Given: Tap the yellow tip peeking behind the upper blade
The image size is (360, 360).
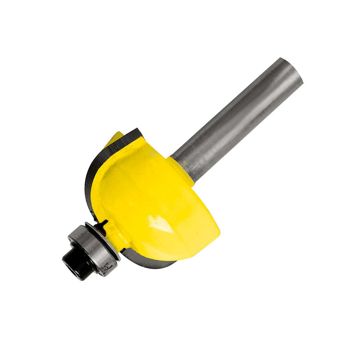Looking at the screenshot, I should [114, 139].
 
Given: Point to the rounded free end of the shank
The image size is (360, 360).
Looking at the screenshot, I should [292, 70].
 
